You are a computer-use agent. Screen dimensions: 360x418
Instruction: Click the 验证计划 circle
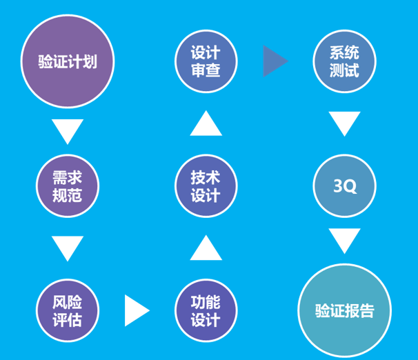coord(67,62)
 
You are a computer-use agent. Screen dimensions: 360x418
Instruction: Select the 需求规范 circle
coord(67,186)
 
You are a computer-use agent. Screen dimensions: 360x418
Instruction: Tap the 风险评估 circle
coord(67,311)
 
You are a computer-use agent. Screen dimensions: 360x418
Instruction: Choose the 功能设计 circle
coord(206,311)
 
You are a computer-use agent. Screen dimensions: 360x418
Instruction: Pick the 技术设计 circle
coord(206,186)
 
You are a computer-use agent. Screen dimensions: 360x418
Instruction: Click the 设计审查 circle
coord(206,61)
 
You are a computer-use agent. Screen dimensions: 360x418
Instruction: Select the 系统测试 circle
coord(344,61)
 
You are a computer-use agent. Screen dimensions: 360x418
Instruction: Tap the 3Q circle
coord(344,186)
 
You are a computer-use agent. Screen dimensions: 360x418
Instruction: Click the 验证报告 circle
coord(344,310)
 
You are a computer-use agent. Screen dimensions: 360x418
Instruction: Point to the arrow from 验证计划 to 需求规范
coord(67,130)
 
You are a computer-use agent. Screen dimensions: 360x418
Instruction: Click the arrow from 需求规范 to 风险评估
coord(67,248)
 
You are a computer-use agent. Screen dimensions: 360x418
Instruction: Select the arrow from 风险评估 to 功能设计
coord(136,311)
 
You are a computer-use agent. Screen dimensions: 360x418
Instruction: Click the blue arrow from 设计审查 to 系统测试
coord(275,61)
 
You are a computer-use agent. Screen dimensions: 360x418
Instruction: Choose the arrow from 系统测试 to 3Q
coord(344,123)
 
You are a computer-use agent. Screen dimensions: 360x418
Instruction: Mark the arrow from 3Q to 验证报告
coord(344,241)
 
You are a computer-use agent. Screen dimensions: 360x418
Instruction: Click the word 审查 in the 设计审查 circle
coord(206,70)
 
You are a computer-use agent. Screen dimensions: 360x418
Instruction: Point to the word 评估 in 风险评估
coord(67,320)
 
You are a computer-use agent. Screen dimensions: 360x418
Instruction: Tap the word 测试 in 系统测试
coord(344,70)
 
